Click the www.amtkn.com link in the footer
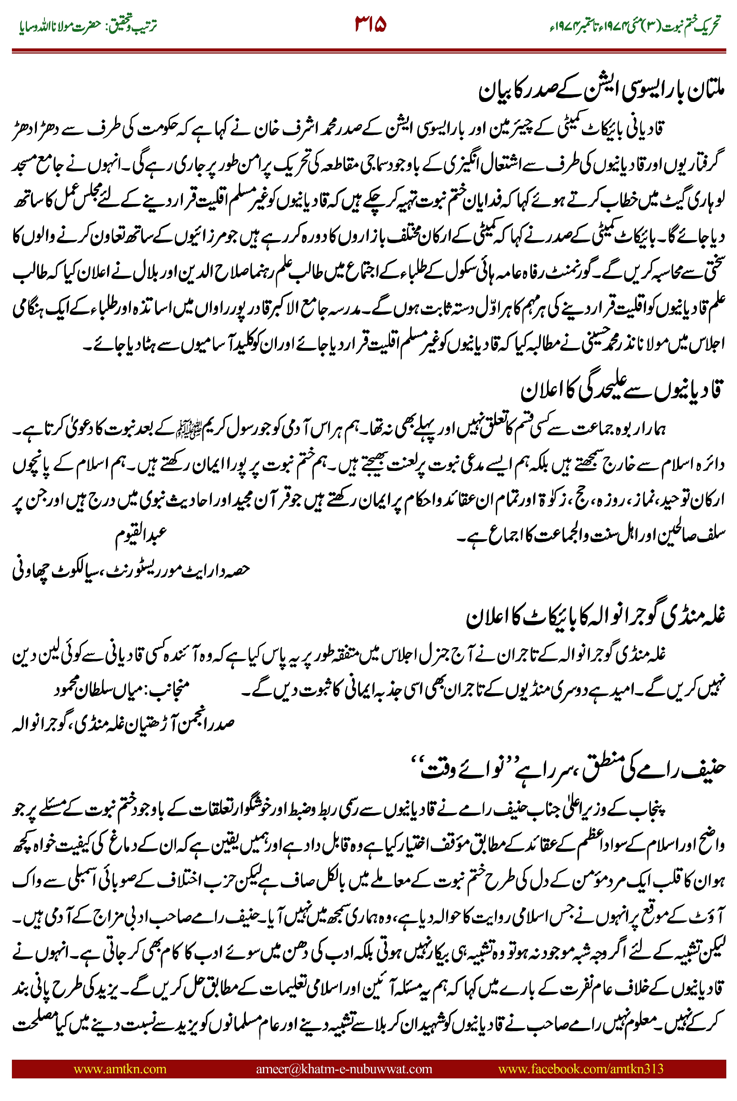coord(120,1068)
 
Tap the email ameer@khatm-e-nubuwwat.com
coord(344,1068)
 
